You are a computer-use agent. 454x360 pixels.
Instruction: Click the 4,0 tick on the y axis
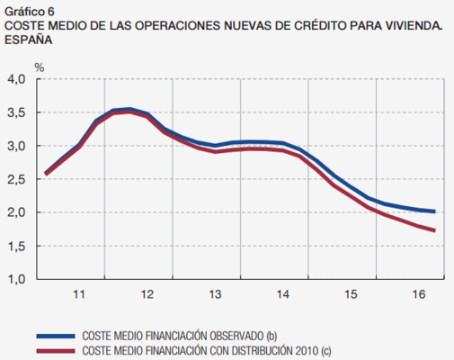(19, 80)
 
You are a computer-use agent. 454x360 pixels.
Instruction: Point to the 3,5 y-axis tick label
(19, 113)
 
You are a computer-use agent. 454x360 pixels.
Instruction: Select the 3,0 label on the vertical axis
(19, 147)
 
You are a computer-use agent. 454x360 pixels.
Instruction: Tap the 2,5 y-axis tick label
(19, 180)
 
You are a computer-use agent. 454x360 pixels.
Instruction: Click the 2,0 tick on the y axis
(19, 213)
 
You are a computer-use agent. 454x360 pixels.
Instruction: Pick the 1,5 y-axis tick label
(19, 246)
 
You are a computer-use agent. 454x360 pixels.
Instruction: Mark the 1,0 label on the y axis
(19, 279)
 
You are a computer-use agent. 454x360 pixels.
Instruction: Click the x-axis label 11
(78, 294)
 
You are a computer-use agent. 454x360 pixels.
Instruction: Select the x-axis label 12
(147, 294)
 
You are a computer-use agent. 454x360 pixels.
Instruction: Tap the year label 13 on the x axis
(215, 294)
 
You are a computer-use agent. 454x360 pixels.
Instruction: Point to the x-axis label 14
(283, 294)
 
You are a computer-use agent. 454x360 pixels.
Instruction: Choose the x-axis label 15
(352, 294)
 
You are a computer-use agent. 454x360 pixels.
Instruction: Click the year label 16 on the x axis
(419, 294)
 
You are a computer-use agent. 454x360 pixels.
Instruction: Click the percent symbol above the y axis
(39, 66)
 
